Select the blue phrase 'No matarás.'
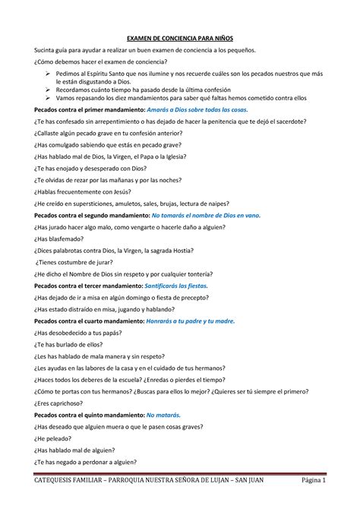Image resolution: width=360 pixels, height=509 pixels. (166, 415)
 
